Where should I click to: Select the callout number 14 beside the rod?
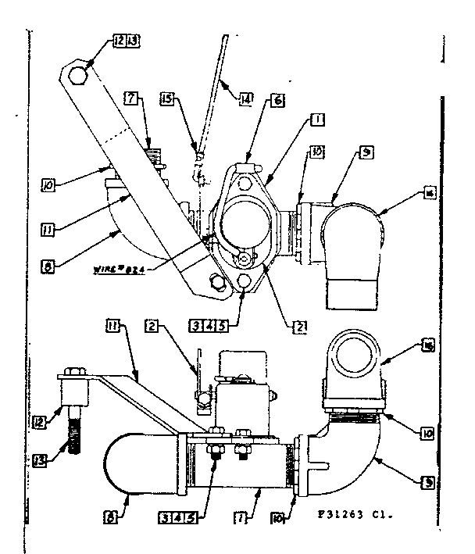(x=247, y=99)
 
